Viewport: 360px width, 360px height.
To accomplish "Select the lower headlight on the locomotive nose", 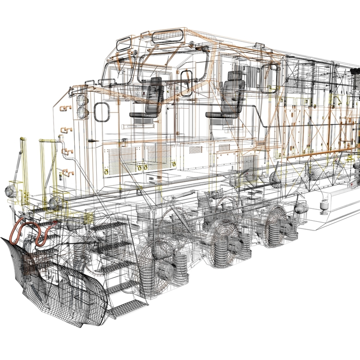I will pyautogui.click(x=82, y=112).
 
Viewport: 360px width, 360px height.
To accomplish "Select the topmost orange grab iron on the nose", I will pyautogui.click(x=65, y=108).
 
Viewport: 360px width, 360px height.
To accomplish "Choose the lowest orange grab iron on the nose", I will pyautogui.click(x=67, y=172).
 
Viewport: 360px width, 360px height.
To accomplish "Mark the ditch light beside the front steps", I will pyautogui.click(x=55, y=202).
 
